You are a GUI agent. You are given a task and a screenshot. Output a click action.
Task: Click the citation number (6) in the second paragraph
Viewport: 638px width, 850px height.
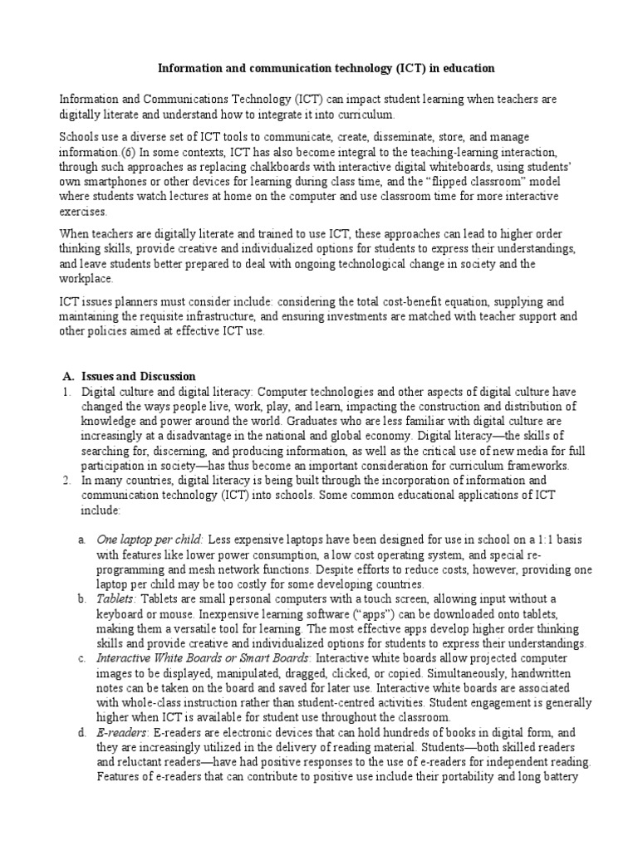[137, 152]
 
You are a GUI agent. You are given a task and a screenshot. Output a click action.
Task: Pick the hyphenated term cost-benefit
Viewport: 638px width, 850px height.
[395, 303]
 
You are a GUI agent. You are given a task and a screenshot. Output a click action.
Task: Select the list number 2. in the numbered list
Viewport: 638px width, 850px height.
[66, 481]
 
